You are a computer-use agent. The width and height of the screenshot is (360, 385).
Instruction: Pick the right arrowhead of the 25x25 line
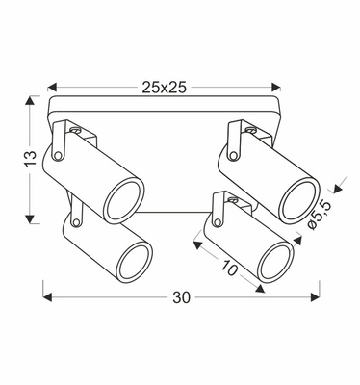point(281,86)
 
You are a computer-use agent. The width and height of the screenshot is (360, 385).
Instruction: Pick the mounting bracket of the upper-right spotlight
point(238,135)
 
